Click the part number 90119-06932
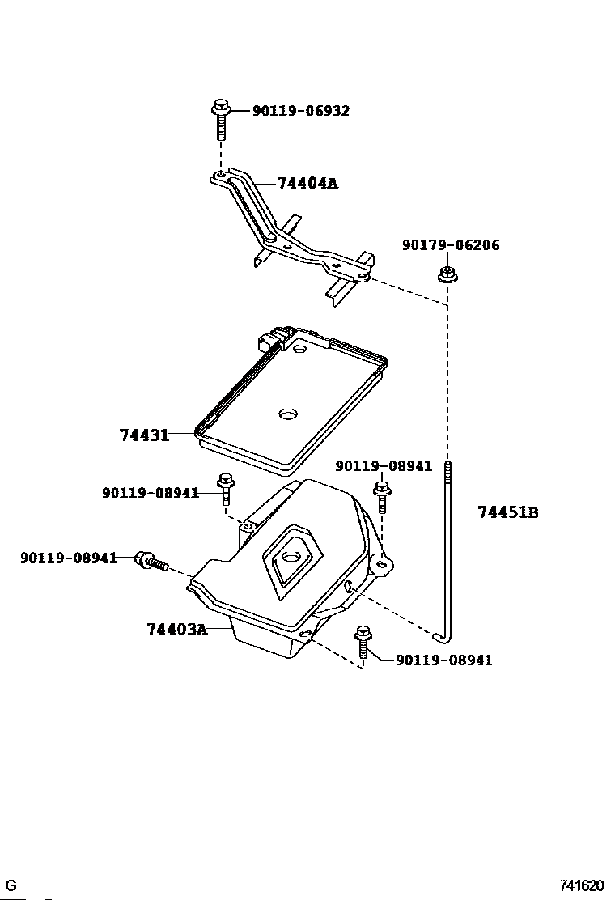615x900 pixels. pos(300,111)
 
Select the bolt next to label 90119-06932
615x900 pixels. pos(220,120)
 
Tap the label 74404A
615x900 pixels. pos(307,183)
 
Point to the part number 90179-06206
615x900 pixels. pos(451,245)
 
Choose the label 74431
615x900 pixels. pos(145,435)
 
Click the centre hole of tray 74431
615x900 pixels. pos(287,414)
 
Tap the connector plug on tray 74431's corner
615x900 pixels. pos(270,340)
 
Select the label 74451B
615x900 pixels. pos(507,512)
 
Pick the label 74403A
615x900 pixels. pos(176,630)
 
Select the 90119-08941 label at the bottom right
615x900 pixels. pos(444,660)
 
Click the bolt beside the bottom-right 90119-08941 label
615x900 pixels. pos(363,641)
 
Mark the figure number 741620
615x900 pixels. pos(582,885)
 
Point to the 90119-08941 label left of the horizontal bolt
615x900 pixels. pos(68,558)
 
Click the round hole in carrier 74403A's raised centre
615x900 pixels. pos(292,557)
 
